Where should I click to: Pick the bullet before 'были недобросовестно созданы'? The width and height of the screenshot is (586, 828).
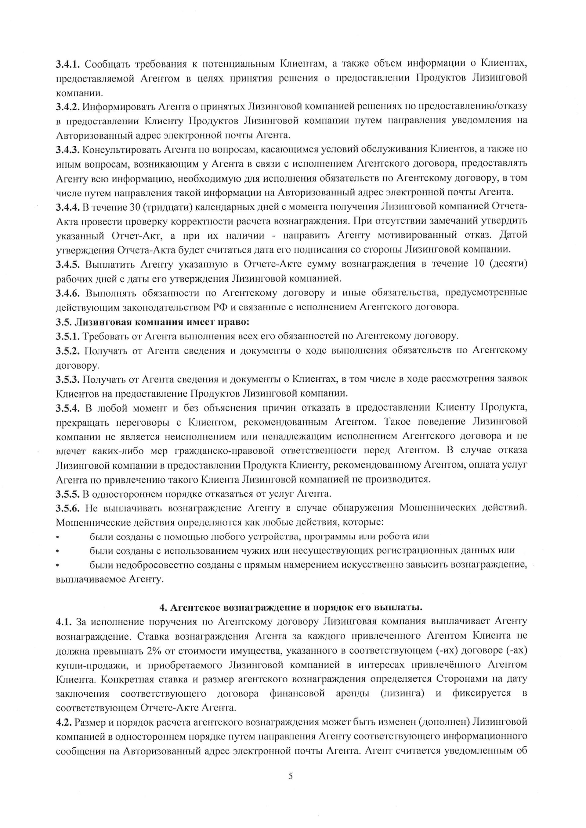click(x=57, y=565)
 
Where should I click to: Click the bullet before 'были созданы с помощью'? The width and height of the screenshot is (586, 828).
click(x=57, y=537)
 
